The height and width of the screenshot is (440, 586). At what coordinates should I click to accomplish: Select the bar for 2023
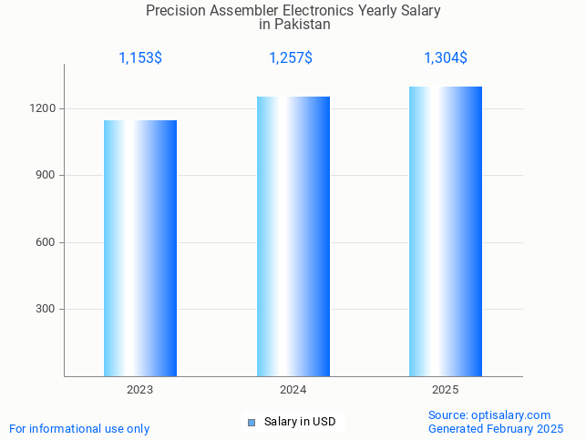click(139, 248)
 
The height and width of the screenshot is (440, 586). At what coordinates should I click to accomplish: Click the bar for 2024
click(293, 236)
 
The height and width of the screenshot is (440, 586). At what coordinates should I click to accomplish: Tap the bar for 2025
click(446, 231)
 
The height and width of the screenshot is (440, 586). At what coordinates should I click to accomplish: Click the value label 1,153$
click(140, 58)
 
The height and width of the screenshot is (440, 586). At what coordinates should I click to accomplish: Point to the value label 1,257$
click(291, 58)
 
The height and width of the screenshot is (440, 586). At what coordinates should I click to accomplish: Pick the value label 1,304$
click(446, 58)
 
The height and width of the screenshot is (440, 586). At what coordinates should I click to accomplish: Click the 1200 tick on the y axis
click(44, 108)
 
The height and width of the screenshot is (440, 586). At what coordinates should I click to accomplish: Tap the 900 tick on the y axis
click(46, 175)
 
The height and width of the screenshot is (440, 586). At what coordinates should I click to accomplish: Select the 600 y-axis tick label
click(46, 242)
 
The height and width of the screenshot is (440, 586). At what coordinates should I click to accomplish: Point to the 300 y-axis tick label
click(46, 309)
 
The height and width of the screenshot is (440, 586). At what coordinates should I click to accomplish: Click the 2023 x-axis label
click(139, 390)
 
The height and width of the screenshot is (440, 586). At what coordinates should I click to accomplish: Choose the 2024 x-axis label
click(293, 390)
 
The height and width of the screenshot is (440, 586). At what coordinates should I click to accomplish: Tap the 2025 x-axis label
click(446, 390)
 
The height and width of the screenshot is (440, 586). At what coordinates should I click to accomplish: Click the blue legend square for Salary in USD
click(252, 422)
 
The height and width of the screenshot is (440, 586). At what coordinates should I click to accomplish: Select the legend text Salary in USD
click(300, 422)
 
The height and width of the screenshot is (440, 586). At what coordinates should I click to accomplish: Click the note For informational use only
click(79, 428)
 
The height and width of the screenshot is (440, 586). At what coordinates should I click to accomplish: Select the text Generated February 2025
click(496, 428)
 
